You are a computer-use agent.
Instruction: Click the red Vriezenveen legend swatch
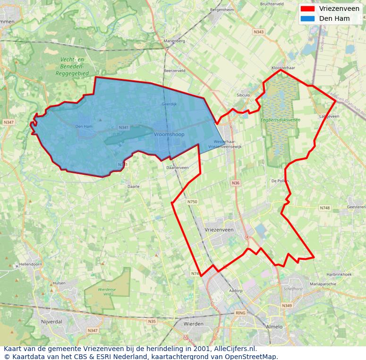[307, 9]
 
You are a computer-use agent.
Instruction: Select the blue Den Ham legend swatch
[307, 18]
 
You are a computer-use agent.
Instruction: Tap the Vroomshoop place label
[169, 135]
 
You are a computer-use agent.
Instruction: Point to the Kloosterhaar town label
[283, 68]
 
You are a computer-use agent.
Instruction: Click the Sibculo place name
[243, 95]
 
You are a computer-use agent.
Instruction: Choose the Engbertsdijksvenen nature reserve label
[281, 120]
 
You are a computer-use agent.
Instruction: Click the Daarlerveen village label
[178, 168]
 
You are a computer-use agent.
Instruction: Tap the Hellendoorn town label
[30, 265]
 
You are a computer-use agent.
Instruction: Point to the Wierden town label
[194, 324]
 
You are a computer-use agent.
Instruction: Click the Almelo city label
[274, 326]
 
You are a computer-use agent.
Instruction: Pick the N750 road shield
[192, 202]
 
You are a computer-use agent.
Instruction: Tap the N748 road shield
[325, 208]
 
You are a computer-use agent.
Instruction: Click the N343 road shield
[259, 32]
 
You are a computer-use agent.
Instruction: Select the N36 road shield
[236, 183]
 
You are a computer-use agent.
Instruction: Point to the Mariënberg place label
[174, 41]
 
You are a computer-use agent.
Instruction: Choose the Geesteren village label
[356, 207]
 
